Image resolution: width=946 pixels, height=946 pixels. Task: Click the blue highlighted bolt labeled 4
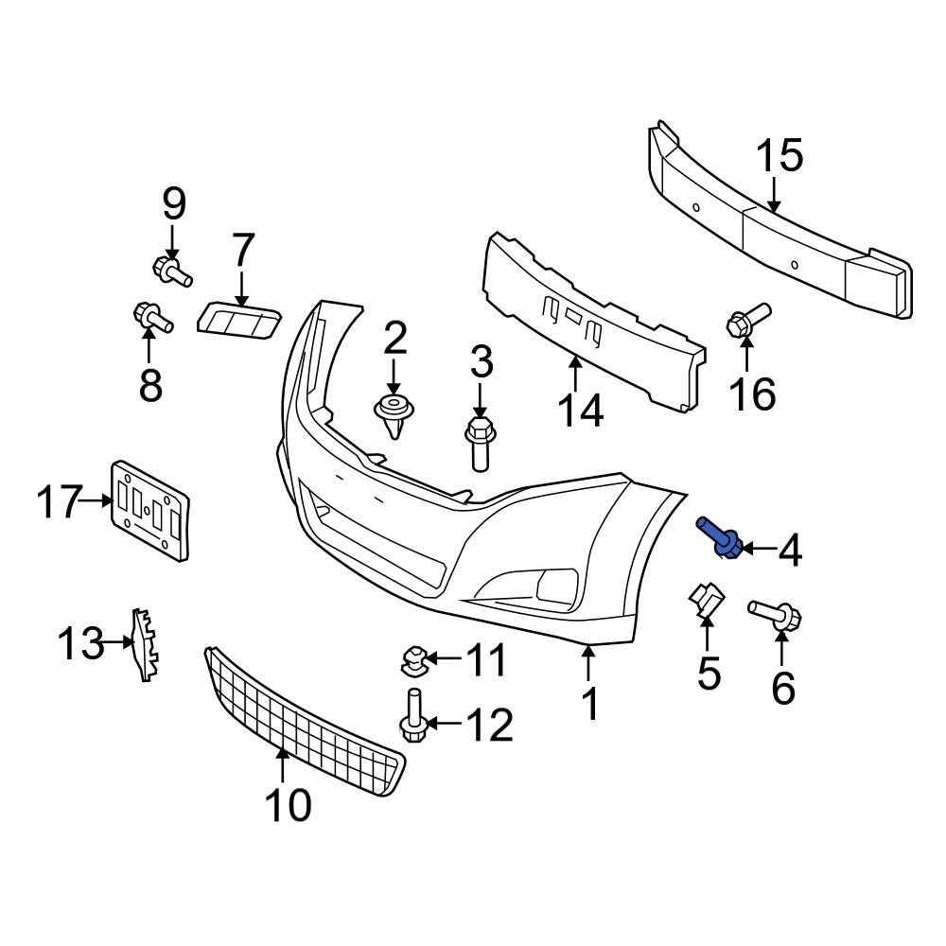point(721,536)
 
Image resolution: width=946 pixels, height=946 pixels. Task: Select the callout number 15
point(780,156)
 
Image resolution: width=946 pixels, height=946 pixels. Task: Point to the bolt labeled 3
point(479,444)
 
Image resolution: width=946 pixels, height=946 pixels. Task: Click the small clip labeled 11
point(413,659)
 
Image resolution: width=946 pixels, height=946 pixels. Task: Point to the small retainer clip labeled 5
point(705,602)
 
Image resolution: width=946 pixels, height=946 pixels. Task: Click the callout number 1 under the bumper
point(589,704)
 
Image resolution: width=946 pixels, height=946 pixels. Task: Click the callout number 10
point(288,805)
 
